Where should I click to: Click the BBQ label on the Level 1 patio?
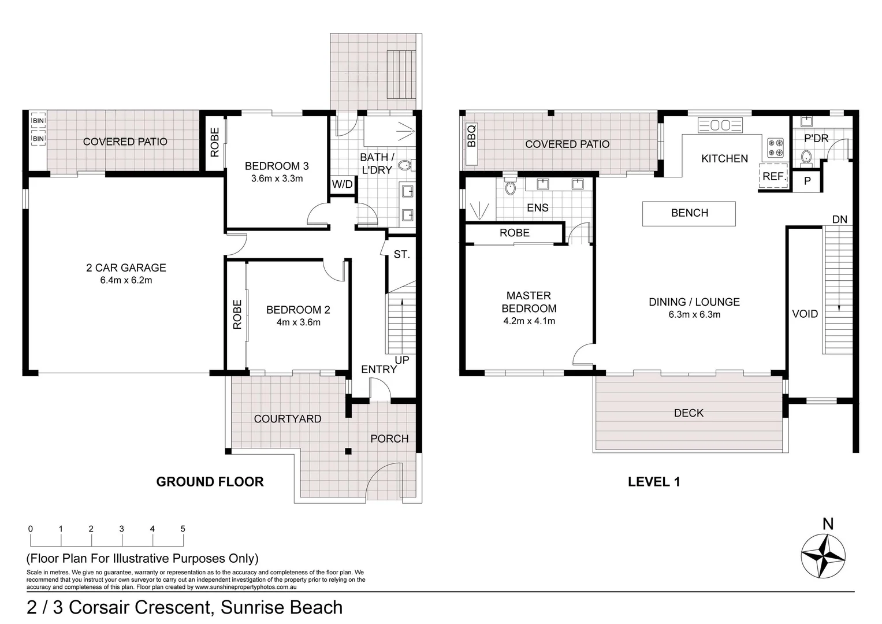pyautogui.click(x=471, y=136)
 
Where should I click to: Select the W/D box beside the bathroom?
pyautogui.click(x=343, y=185)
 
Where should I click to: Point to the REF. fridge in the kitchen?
pyautogui.click(x=773, y=176)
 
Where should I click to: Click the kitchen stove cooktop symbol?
pyautogui.click(x=775, y=148)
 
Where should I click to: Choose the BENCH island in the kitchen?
pyautogui.click(x=689, y=213)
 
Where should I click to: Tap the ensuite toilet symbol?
pyautogui.click(x=510, y=186)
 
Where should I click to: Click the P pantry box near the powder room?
pyautogui.click(x=807, y=181)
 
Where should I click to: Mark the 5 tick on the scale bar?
pyautogui.click(x=183, y=529)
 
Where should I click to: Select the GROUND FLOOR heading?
pyautogui.click(x=210, y=482)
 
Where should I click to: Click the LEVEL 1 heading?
pyautogui.click(x=654, y=482)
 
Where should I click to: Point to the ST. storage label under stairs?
pyautogui.click(x=401, y=254)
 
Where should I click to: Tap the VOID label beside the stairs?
pyautogui.click(x=805, y=314)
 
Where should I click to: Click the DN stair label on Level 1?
pyautogui.click(x=839, y=220)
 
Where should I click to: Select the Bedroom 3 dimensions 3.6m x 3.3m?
pyautogui.click(x=277, y=179)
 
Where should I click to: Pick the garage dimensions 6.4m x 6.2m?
pyautogui.click(x=126, y=281)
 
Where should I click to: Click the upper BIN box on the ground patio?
pyautogui.click(x=38, y=121)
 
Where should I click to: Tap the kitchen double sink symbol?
pyautogui.click(x=720, y=125)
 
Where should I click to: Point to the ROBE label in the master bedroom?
pyautogui.click(x=514, y=233)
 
